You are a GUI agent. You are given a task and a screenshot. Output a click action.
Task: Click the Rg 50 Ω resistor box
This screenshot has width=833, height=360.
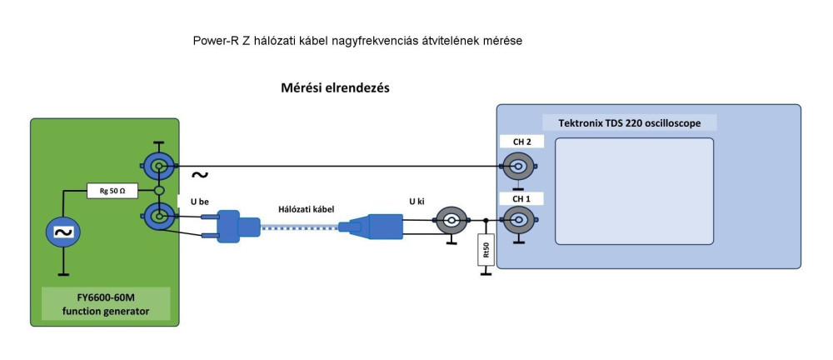click(x=112, y=191)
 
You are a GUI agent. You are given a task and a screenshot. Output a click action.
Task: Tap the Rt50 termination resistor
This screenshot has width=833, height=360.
click(x=484, y=252)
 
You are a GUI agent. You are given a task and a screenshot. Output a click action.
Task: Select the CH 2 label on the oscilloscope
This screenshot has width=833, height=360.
click(x=522, y=142)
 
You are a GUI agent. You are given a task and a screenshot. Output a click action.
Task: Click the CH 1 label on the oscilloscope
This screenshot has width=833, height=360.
click(x=522, y=198)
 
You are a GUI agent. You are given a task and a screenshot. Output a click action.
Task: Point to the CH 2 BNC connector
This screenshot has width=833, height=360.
click(x=517, y=167)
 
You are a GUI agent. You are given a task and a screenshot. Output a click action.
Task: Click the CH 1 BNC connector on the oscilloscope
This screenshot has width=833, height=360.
click(x=517, y=221)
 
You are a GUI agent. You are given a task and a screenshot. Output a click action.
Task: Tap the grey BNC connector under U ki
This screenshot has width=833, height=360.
click(x=451, y=221)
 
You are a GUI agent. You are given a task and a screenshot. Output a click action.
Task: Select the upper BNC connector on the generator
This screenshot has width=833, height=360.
click(x=156, y=167)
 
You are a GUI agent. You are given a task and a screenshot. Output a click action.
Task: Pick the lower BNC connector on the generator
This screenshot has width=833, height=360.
click(x=156, y=219)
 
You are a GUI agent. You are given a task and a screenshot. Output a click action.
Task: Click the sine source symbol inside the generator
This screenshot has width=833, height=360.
click(x=62, y=232)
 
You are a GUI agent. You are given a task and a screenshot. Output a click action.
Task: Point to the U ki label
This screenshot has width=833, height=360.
click(x=417, y=201)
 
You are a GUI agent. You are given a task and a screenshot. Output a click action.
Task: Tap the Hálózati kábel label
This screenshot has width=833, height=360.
click(x=306, y=208)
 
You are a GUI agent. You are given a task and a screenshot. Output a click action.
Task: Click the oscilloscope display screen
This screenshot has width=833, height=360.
click(x=634, y=191)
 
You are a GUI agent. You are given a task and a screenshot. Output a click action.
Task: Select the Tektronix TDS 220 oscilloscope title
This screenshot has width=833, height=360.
click(x=629, y=123)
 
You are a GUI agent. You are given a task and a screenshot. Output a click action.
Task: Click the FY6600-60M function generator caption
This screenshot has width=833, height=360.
click(x=106, y=305)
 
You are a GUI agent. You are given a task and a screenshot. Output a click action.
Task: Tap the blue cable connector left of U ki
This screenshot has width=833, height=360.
click(x=375, y=222)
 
